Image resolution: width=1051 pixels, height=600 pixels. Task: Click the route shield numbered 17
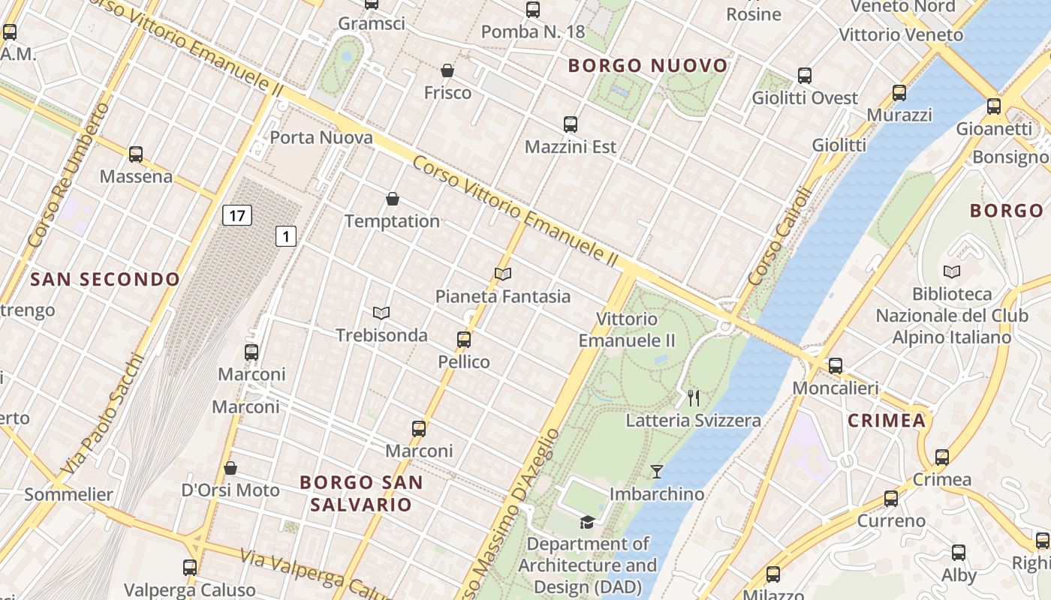pyautogui.click(x=237, y=216)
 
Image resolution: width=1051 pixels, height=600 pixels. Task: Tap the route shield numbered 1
pyautogui.click(x=286, y=237)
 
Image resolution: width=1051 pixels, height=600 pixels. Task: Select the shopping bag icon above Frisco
pyautogui.click(x=447, y=70)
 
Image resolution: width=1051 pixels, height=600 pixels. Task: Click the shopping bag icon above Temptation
pyautogui.click(x=392, y=199)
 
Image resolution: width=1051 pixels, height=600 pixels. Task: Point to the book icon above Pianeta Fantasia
pyautogui.click(x=503, y=274)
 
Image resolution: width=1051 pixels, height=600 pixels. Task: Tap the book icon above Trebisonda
pyautogui.click(x=381, y=313)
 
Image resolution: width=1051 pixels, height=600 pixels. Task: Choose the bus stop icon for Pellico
pyautogui.click(x=464, y=340)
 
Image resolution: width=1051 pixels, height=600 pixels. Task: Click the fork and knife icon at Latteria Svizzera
pyautogui.click(x=694, y=397)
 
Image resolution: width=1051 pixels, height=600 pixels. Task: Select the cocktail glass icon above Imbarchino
pyautogui.click(x=657, y=472)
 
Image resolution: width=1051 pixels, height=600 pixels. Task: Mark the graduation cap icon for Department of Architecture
pyautogui.click(x=587, y=522)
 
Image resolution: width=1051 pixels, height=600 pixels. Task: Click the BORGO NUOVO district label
pyautogui.click(x=648, y=66)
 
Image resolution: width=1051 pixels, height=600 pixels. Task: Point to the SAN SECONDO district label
pyautogui.click(x=105, y=280)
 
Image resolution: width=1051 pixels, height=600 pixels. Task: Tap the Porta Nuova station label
pyautogui.click(x=321, y=137)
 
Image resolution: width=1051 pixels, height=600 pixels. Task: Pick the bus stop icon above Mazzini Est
pyautogui.click(x=571, y=124)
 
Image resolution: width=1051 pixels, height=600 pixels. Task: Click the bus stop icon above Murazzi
pyautogui.click(x=899, y=93)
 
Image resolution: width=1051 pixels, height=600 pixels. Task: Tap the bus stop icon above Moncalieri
pyautogui.click(x=836, y=366)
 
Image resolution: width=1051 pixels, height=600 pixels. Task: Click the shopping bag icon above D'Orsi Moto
pyautogui.click(x=230, y=468)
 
